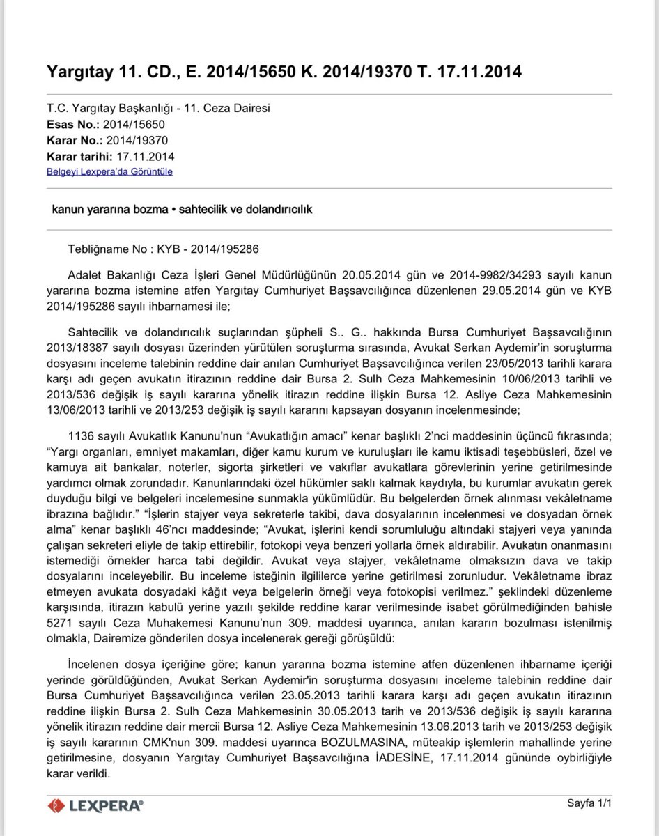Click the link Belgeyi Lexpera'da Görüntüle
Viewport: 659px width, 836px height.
(x=109, y=171)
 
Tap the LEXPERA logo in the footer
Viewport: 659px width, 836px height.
(x=95, y=805)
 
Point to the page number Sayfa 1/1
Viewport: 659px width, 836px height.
(x=589, y=803)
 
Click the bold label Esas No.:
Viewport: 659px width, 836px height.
(x=72, y=125)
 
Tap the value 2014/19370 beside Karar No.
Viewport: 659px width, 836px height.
(x=137, y=140)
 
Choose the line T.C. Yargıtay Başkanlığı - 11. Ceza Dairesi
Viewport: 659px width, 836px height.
(x=158, y=109)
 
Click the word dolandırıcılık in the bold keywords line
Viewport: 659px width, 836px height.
(x=273, y=209)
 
